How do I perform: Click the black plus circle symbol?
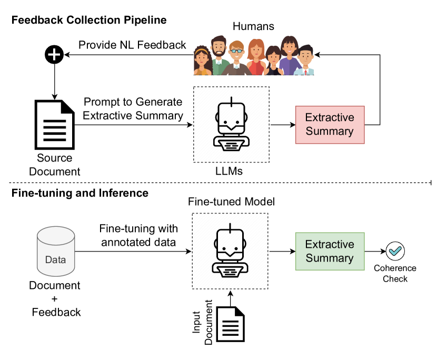tap(54, 54)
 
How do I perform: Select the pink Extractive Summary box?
tap(330, 124)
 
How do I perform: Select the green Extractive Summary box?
tap(330, 251)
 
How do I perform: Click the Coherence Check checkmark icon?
tap(394, 251)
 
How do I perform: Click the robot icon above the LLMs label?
tap(231, 124)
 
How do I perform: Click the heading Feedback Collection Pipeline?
tap(88, 21)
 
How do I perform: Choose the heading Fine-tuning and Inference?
tap(80, 193)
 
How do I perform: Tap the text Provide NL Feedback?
tap(132, 45)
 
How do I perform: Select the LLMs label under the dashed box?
tap(231, 172)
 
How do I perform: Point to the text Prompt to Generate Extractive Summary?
tap(133, 108)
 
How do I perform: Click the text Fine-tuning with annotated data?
tap(138, 235)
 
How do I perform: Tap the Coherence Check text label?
tap(395, 273)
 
